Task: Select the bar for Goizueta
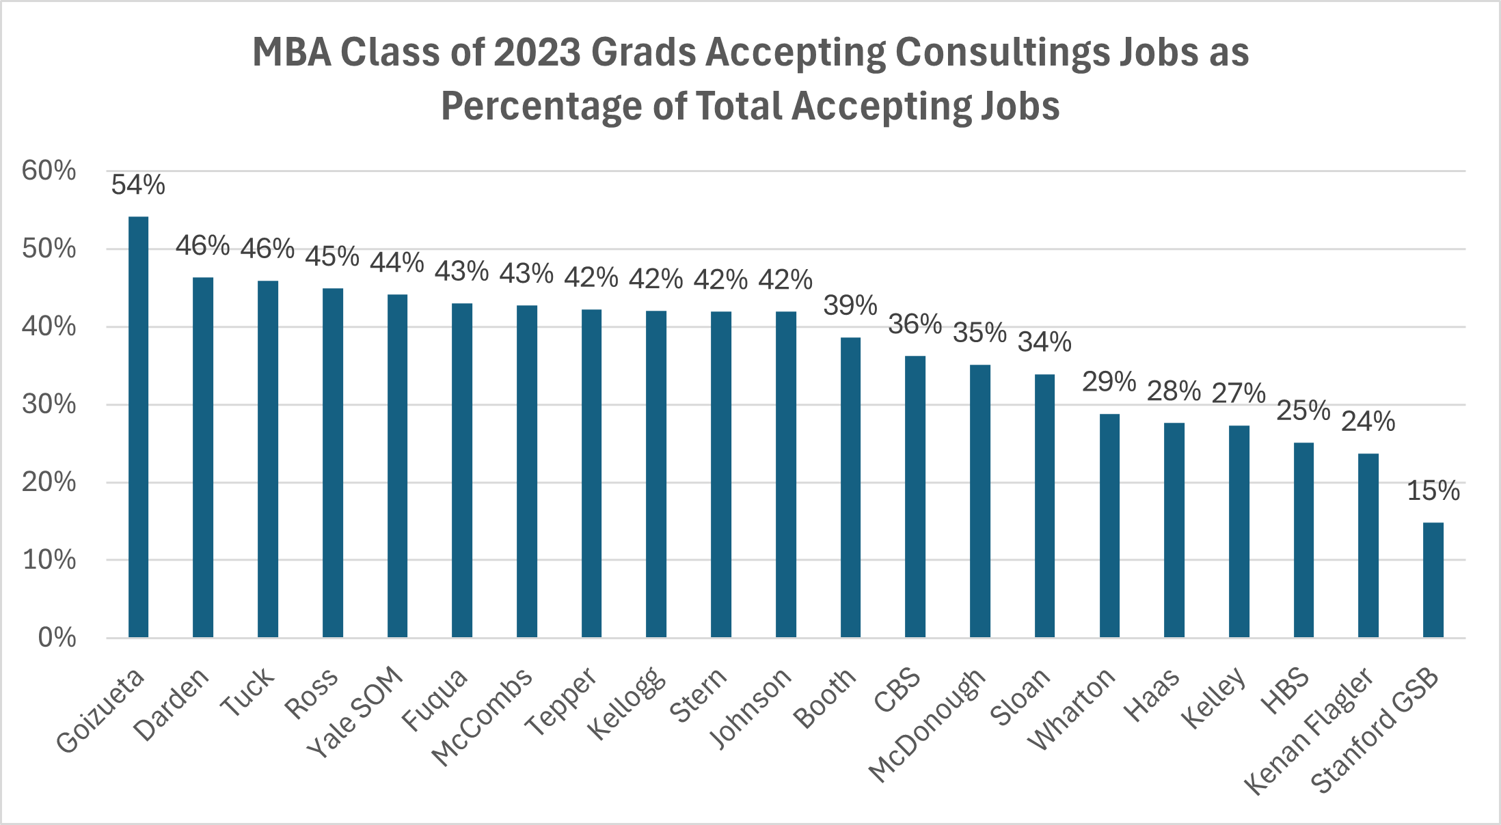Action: (138, 427)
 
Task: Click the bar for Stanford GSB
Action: (1433, 580)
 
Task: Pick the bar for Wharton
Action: (1109, 525)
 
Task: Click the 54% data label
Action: (138, 185)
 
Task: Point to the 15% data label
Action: (1433, 491)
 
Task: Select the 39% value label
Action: (850, 306)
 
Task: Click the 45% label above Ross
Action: (332, 257)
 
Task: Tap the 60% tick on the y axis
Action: (49, 171)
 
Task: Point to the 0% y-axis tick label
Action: (57, 638)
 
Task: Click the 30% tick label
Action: (49, 404)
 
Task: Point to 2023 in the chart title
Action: (537, 53)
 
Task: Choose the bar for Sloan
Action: (1044, 505)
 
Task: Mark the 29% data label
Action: (1109, 382)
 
